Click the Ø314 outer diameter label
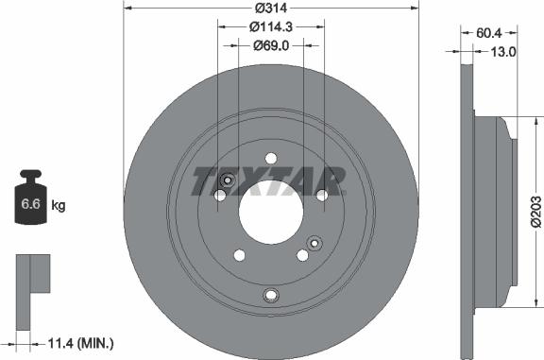point(270,9)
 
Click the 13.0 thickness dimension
point(505,52)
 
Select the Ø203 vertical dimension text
point(534,211)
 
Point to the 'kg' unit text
point(59,204)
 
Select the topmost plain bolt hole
point(271,158)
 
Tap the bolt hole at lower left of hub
point(239,255)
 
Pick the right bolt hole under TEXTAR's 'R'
point(321,195)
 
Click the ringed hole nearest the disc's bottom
point(271,296)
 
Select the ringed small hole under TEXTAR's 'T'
point(226,181)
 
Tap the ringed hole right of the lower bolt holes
point(314,241)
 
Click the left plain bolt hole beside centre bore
point(220,196)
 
